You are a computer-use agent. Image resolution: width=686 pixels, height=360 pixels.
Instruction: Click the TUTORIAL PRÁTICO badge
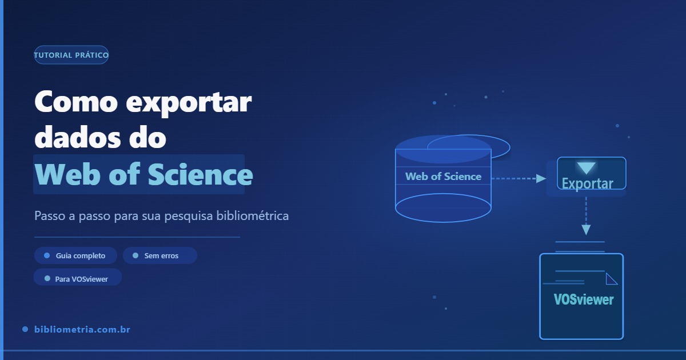[71, 55]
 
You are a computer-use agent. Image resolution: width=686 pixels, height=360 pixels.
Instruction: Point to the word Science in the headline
[200, 175]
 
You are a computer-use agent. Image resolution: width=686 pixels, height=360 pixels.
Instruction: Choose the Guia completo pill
[75, 255]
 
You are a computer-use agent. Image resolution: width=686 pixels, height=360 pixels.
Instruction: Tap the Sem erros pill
[160, 255]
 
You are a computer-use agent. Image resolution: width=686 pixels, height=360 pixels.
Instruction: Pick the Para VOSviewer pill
[78, 279]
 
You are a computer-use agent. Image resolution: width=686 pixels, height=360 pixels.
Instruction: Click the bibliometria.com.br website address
[83, 330]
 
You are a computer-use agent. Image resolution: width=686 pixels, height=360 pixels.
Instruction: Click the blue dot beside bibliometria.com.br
[25, 330]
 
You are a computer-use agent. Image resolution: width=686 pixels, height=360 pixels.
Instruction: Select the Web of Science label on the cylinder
[443, 177]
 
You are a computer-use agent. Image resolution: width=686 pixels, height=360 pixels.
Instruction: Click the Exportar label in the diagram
[587, 183]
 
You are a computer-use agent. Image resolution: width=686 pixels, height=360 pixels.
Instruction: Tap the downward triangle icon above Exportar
[586, 168]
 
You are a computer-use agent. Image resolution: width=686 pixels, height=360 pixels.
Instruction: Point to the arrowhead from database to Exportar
[541, 178]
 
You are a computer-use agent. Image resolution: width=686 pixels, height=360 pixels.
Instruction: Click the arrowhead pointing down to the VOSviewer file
[586, 230]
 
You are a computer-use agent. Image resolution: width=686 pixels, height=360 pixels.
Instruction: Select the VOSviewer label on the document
[584, 299]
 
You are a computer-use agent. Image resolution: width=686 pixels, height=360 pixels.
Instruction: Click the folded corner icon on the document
[611, 279]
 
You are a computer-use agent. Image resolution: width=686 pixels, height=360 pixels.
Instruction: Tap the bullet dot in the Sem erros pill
[135, 255]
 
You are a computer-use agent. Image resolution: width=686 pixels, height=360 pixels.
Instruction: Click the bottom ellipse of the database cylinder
[443, 208]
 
